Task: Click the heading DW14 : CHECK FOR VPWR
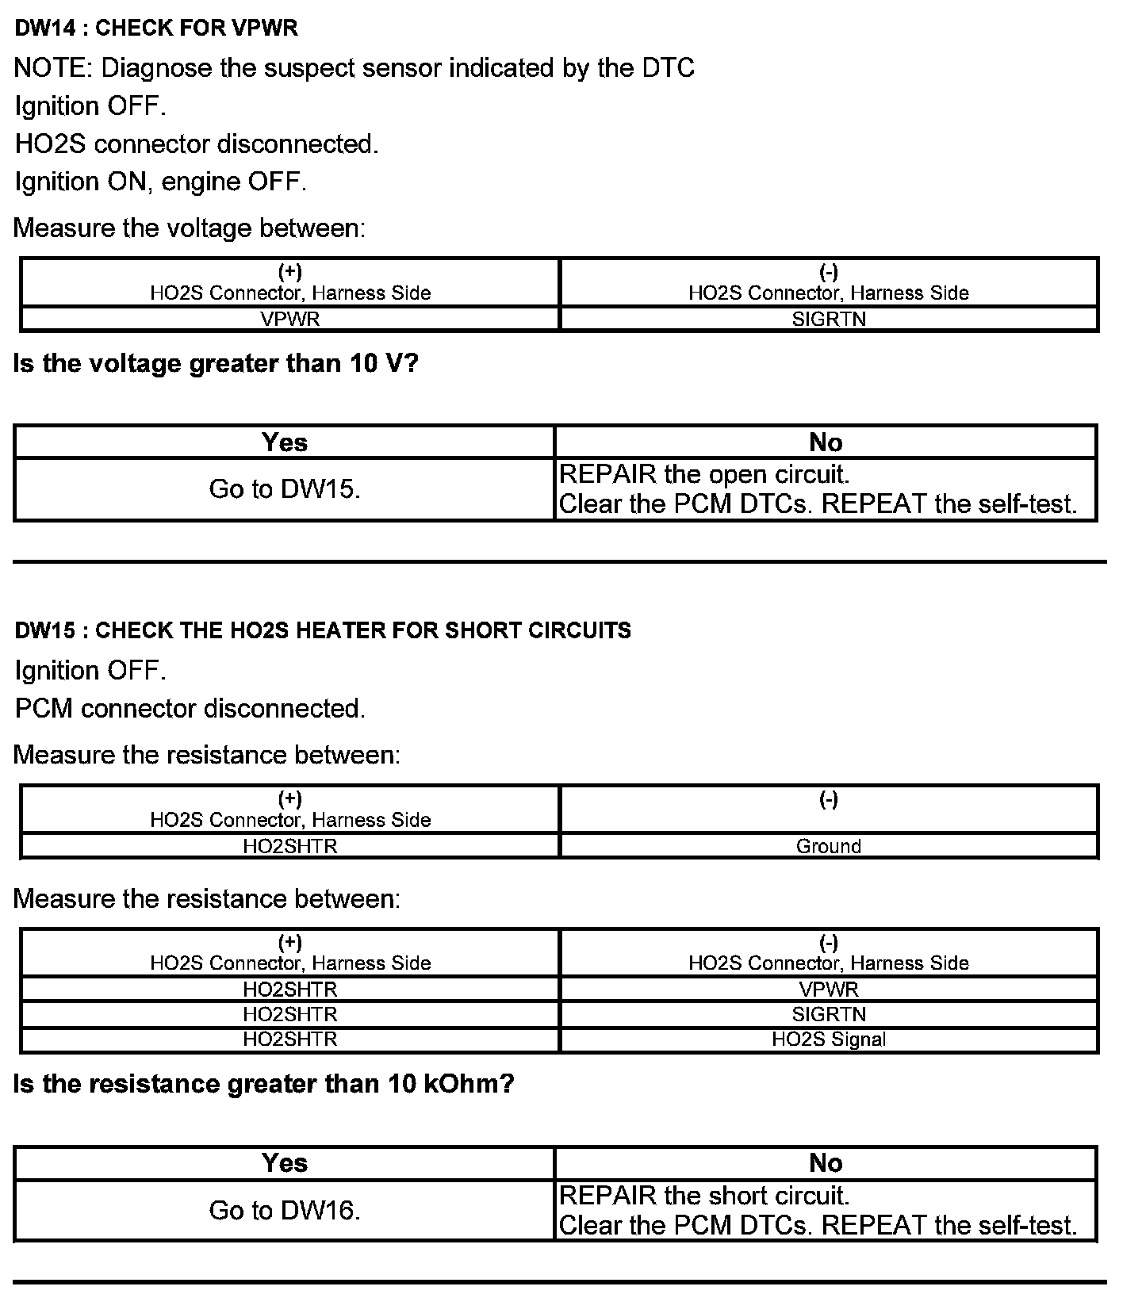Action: point(156,29)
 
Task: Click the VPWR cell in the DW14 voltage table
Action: point(289,319)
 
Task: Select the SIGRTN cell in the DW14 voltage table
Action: point(828,319)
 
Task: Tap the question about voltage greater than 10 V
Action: point(216,364)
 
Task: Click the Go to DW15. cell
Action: point(285,489)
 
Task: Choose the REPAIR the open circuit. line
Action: point(704,475)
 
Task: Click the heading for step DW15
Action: point(323,630)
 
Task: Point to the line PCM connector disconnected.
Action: point(190,708)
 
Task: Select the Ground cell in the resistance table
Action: point(828,846)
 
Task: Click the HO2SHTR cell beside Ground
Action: point(289,846)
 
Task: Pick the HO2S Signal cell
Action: point(828,1039)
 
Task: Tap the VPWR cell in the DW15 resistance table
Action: point(828,989)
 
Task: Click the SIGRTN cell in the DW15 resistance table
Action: point(828,1014)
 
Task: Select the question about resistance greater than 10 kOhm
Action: point(264,1084)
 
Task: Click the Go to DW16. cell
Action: point(285,1210)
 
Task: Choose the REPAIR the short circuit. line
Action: point(704,1196)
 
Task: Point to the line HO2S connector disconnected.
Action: point(197,144)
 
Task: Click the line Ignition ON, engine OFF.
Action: point(160,182)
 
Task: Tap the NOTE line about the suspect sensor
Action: point(354,68)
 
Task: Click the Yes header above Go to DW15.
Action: point(285,442)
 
